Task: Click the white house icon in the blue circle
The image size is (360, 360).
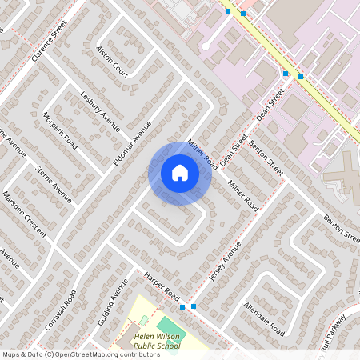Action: click(x=180, y=173)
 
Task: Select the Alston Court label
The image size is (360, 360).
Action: click(x=112, y=55)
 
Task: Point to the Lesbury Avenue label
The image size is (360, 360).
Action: click(x=100, y=108)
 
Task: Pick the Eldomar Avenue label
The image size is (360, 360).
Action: click(x=132, y=143)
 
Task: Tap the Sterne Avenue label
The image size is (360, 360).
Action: click(x=54, y=183)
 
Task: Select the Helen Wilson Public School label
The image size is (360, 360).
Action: click(x=157, y=342)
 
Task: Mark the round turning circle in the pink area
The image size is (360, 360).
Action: click(x=206, y=46)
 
